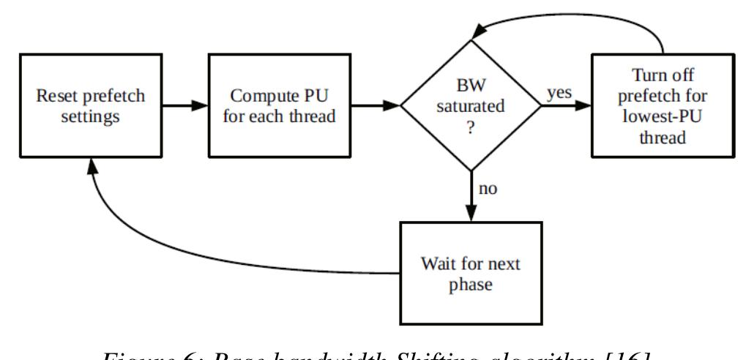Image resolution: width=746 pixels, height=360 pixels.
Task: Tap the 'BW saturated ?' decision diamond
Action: point(470,106)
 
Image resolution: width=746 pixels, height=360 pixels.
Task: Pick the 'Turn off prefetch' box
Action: point(663,106)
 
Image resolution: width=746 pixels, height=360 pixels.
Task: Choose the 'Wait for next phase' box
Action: point(470,272)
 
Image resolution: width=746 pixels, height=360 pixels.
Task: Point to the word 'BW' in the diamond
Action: point(470,87)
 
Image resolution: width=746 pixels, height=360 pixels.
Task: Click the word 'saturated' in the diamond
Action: point(470,106)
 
